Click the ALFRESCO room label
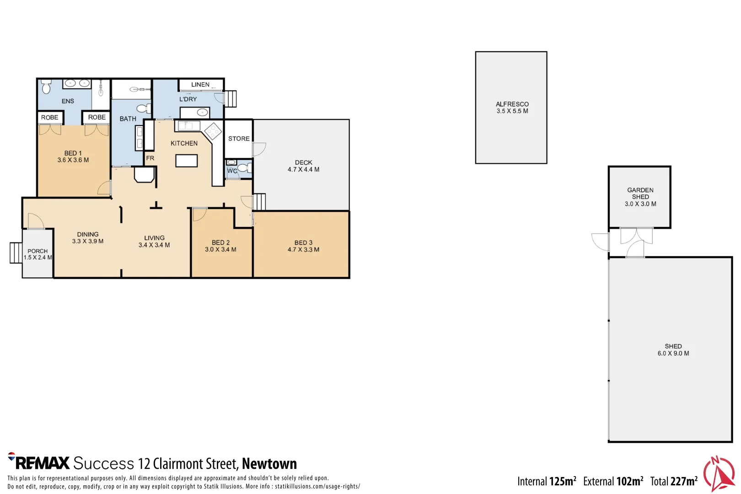[x=512, y=104]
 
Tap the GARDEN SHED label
[x=640, y=193]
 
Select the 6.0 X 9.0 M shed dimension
[x=673, y=354]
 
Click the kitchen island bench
[x=187, y=161]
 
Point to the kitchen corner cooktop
[x=213, y=131]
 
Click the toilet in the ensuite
[x=46, y=87]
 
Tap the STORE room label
[x=239, y=139]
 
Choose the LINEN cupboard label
[x=200, y=84]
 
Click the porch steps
[x=16, y=253]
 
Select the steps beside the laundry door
[x=231, y=99]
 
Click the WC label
[x=232, y=171]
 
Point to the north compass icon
[x=719, y=473]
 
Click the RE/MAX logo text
[x=43, y=463]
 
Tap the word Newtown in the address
[x=269, y=463]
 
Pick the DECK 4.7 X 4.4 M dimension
[x=303, y=169]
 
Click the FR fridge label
[x=150, y=158]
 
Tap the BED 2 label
[x=220, y=242]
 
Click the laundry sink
[x=202, y=113]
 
